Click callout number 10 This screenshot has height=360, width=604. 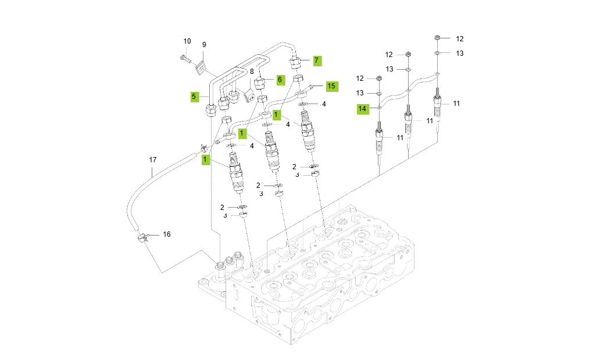(x=187, y=41)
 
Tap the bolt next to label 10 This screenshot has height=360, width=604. (x=184, y=58)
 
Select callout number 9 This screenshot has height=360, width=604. (x=204, y=45)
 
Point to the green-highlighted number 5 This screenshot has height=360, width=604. (x=195, y=97)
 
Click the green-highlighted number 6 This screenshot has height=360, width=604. (x=280, y=79)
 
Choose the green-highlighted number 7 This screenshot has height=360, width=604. (x=316, y=60)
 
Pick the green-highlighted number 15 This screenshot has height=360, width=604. (x=331, y=86)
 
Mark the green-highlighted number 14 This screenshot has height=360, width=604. (x=362, y=108)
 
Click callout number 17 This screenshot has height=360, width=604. (x=153, y=159)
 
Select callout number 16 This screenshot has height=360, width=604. (x=167, y=234)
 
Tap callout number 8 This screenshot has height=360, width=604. (x=252, y=72)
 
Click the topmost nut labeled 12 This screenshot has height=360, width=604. (x=437, y=38)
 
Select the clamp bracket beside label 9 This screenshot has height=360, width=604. (x=201, y=67)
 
